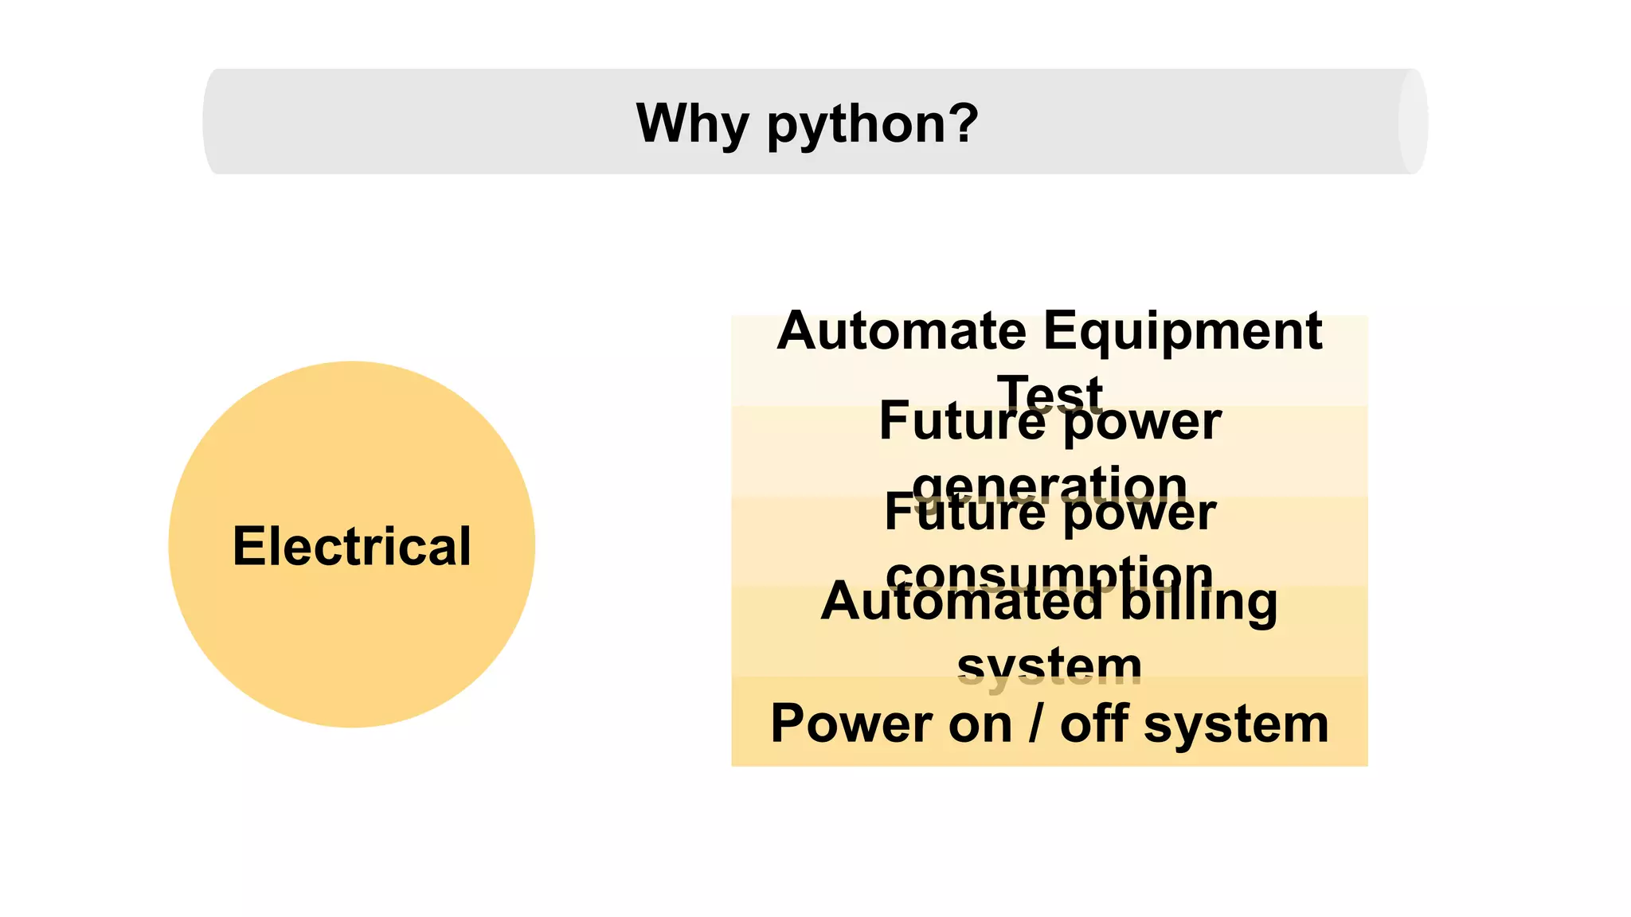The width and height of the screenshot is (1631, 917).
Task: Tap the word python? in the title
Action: tap(872, 125)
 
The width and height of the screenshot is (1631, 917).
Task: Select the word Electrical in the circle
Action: tap(352, 547)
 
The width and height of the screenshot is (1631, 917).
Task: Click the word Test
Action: tap(1050, 393)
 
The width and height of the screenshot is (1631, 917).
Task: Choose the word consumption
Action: tap(1050, 573)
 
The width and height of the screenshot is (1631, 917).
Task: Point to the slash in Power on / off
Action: tap(1035, 724)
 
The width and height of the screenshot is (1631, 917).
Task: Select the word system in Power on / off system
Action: tap(1236, 725)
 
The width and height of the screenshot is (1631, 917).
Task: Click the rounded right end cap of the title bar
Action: tap(1413, 122)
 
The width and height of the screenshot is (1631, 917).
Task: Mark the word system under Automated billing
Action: tap(1050, 666)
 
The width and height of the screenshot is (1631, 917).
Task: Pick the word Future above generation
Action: tap(962, 421)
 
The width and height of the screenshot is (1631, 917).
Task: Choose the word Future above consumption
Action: tap(964, 512)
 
